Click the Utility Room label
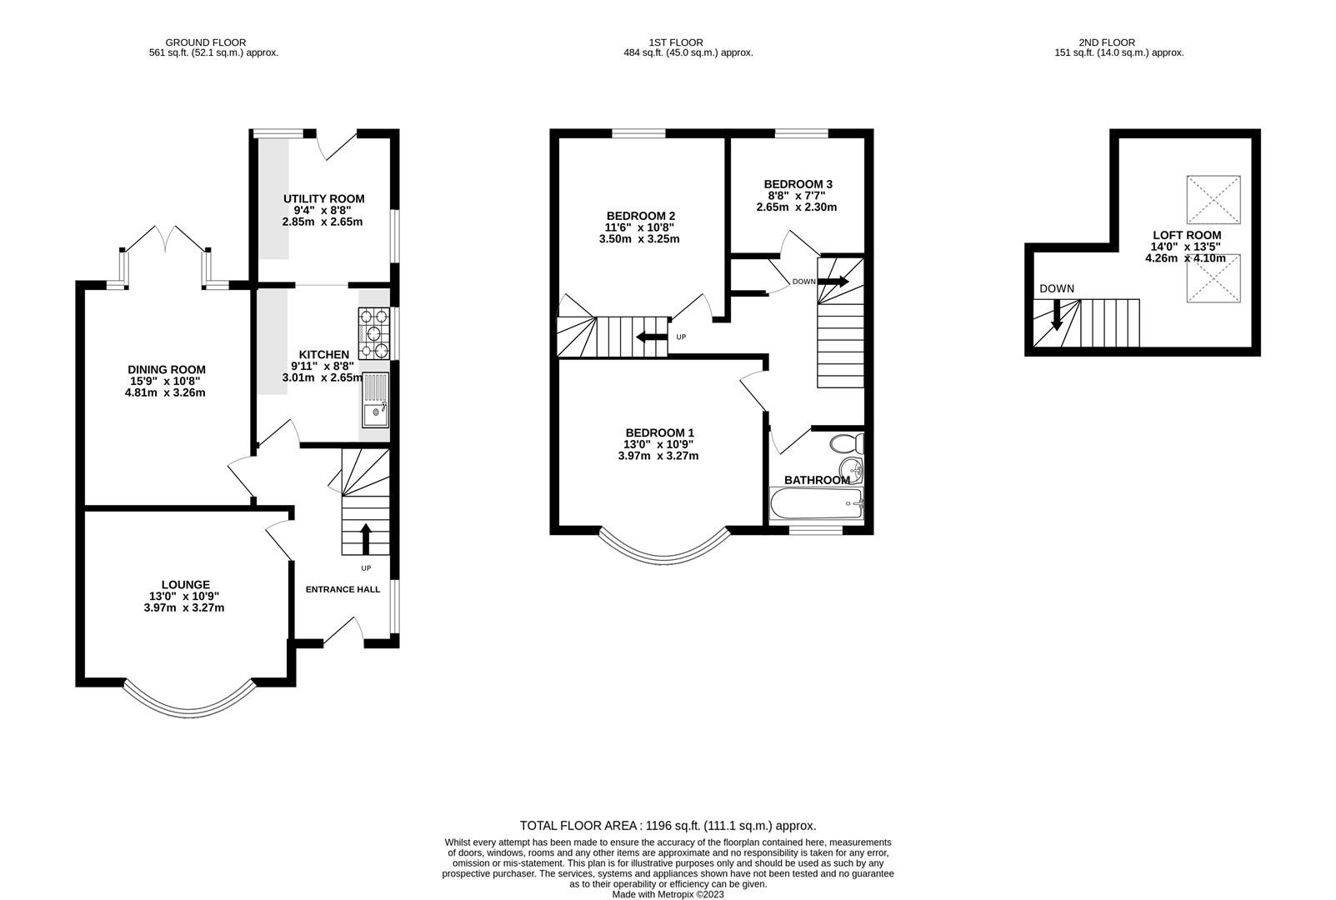pyautogui.click(x=323, y=198)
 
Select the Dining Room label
pyautogui.click(x=166, y=369)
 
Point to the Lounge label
pyautogui.click(x=185, y=584)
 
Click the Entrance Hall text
pyautogui.click(x=343, y=589)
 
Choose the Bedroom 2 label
pyautogui.click(x=640, y=215)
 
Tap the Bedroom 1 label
pyautogui.click(x=659, y=432)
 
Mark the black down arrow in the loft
pyautogui.click(x=1056, y=314)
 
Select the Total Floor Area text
pyautogui.click(x=668, y=826)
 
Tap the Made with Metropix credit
pyautogui.click(x=668, y=894)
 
